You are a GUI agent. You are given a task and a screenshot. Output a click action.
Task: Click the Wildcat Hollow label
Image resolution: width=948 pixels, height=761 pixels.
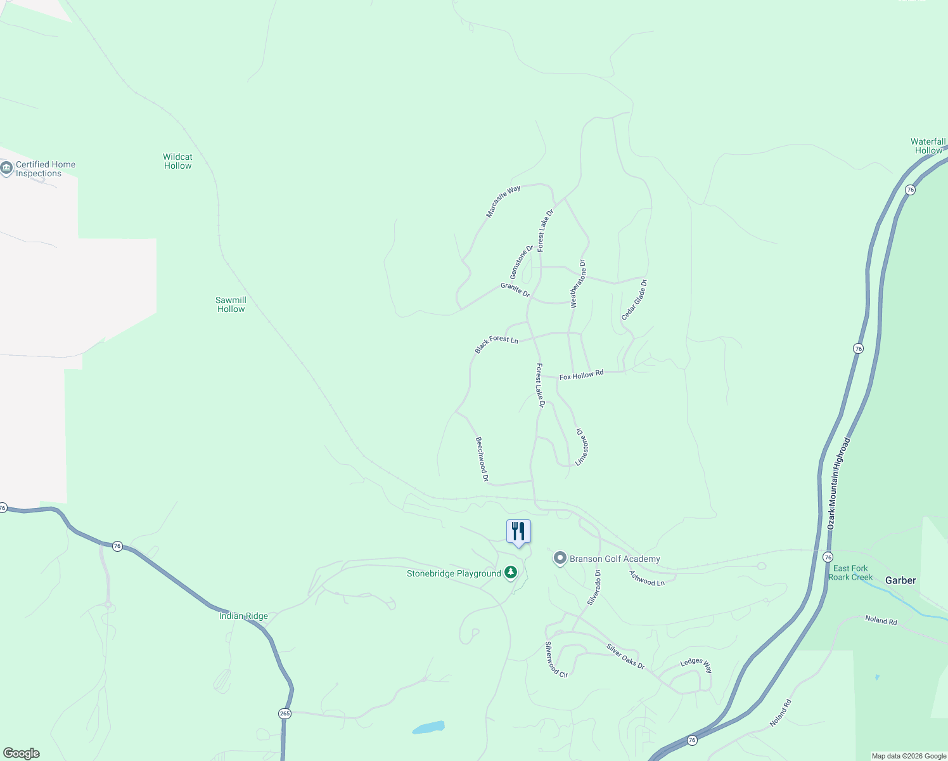click(177, 161)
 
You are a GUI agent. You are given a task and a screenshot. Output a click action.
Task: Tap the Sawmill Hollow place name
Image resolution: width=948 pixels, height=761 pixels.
click(231, 304)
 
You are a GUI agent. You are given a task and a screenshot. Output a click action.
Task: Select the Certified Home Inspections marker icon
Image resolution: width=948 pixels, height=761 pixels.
click(7, 168)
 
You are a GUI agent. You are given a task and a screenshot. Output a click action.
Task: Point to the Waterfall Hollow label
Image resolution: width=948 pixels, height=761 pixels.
click(928, 146)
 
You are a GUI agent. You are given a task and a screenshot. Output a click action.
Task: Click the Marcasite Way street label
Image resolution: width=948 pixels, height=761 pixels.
click(503, 202)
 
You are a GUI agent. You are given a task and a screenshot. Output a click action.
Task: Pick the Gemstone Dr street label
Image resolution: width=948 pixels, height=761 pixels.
click(522, 262)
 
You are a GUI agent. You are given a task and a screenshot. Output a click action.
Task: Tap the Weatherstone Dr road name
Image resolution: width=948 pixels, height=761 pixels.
click(578, 284)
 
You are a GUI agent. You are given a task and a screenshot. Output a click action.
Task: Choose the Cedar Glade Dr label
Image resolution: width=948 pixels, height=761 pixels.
click(634, 299)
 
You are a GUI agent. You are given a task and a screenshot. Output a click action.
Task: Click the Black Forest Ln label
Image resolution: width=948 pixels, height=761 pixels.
click(496, 344)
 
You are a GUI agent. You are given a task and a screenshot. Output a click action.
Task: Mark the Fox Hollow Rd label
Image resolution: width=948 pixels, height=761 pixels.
click(581, 375)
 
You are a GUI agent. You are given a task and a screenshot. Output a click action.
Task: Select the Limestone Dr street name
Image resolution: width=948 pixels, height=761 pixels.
click(582, 446)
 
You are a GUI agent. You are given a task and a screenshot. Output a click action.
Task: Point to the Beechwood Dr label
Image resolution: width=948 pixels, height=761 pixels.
click(482, 459)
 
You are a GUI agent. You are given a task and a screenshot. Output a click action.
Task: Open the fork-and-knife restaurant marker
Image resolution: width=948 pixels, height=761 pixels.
click(518, 531)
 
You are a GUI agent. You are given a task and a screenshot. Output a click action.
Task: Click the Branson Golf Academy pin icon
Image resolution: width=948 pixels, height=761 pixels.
click(560, 558)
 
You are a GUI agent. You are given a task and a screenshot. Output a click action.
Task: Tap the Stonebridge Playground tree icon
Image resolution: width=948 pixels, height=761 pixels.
click(511, 573)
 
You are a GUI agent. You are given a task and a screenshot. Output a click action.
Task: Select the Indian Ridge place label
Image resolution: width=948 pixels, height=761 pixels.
click(243, 616)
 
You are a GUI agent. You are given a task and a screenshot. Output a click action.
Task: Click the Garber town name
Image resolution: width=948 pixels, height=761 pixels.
click(900, 580)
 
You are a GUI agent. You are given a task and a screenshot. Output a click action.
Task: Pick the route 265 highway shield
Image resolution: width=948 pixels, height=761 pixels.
click(285, 713)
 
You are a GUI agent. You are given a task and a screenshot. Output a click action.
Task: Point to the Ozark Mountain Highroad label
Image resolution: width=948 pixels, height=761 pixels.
click(838, 483)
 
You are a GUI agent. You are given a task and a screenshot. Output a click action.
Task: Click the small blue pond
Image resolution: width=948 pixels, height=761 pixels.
click(429, 727)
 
